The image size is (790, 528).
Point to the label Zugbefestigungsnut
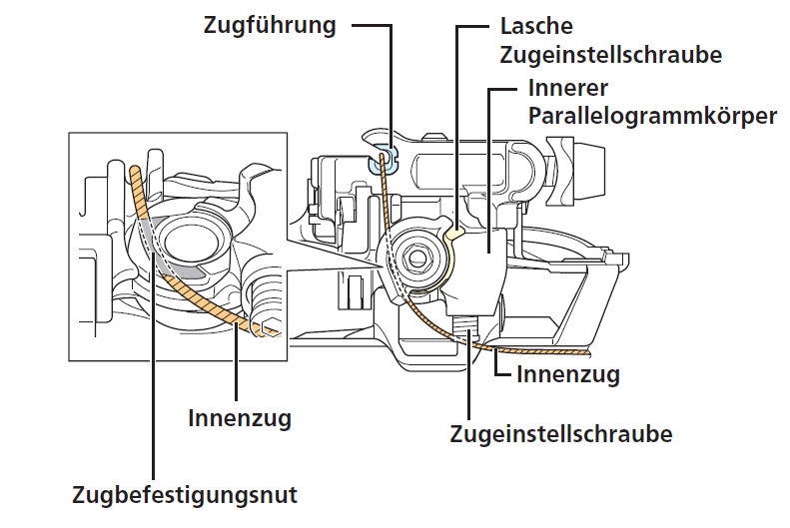pyautogui.click(x=185, y=494)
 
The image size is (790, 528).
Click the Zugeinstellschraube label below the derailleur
pyautogui.click(x=560, y=435)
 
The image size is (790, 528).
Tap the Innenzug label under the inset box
pyautogui.click(x=240, y=417)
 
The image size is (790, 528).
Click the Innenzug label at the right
pyautogui.click(x=568, y=375)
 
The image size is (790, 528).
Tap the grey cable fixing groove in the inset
pyautogui.click(x=150, y=238)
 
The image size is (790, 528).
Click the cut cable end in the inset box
pyautogui.click(x=266, y=329)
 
